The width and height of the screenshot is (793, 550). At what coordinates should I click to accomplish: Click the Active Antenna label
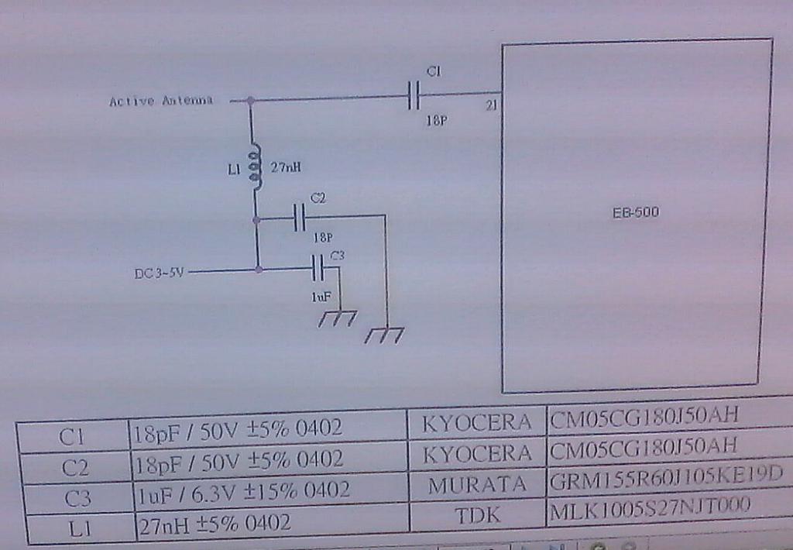click(161, 101)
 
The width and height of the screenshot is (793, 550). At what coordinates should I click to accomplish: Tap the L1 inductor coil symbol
click(255, 167)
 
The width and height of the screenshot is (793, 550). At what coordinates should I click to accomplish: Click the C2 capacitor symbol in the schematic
click(300, 218)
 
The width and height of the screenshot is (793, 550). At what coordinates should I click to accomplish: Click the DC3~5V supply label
click(160, 272)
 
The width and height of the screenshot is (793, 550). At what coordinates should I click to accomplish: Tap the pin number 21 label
click(491, 106)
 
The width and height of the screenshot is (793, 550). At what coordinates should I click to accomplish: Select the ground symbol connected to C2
click(385, 335)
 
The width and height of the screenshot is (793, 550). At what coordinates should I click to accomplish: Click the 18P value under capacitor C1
click(435, 121)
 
